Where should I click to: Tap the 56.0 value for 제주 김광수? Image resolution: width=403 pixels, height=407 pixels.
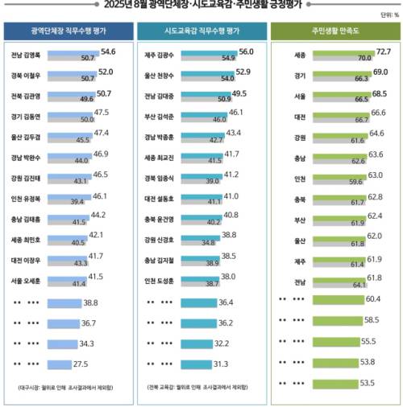tap(247, 51)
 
